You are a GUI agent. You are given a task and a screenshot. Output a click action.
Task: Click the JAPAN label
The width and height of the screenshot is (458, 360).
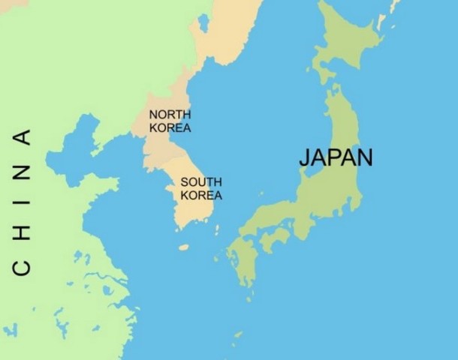point(335,157)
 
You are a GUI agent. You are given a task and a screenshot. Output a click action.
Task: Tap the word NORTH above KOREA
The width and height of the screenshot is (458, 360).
point(170,115)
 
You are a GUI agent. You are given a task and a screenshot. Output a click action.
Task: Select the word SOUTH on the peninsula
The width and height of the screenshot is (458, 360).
point(201,182)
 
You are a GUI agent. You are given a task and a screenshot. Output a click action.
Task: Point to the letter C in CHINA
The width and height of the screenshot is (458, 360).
point(22,267)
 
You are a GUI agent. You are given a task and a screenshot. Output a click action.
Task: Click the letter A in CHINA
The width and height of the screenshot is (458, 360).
point(22,137)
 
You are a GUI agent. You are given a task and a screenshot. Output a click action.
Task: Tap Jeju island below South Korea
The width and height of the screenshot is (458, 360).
point(184,247)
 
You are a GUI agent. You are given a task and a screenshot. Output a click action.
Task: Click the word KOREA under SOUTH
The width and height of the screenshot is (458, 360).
point(201,195)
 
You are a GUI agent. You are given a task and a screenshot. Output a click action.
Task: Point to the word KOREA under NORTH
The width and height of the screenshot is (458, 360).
point(170,127)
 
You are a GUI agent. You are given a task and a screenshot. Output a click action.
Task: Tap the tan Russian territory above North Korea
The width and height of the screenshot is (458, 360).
point(225,30)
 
